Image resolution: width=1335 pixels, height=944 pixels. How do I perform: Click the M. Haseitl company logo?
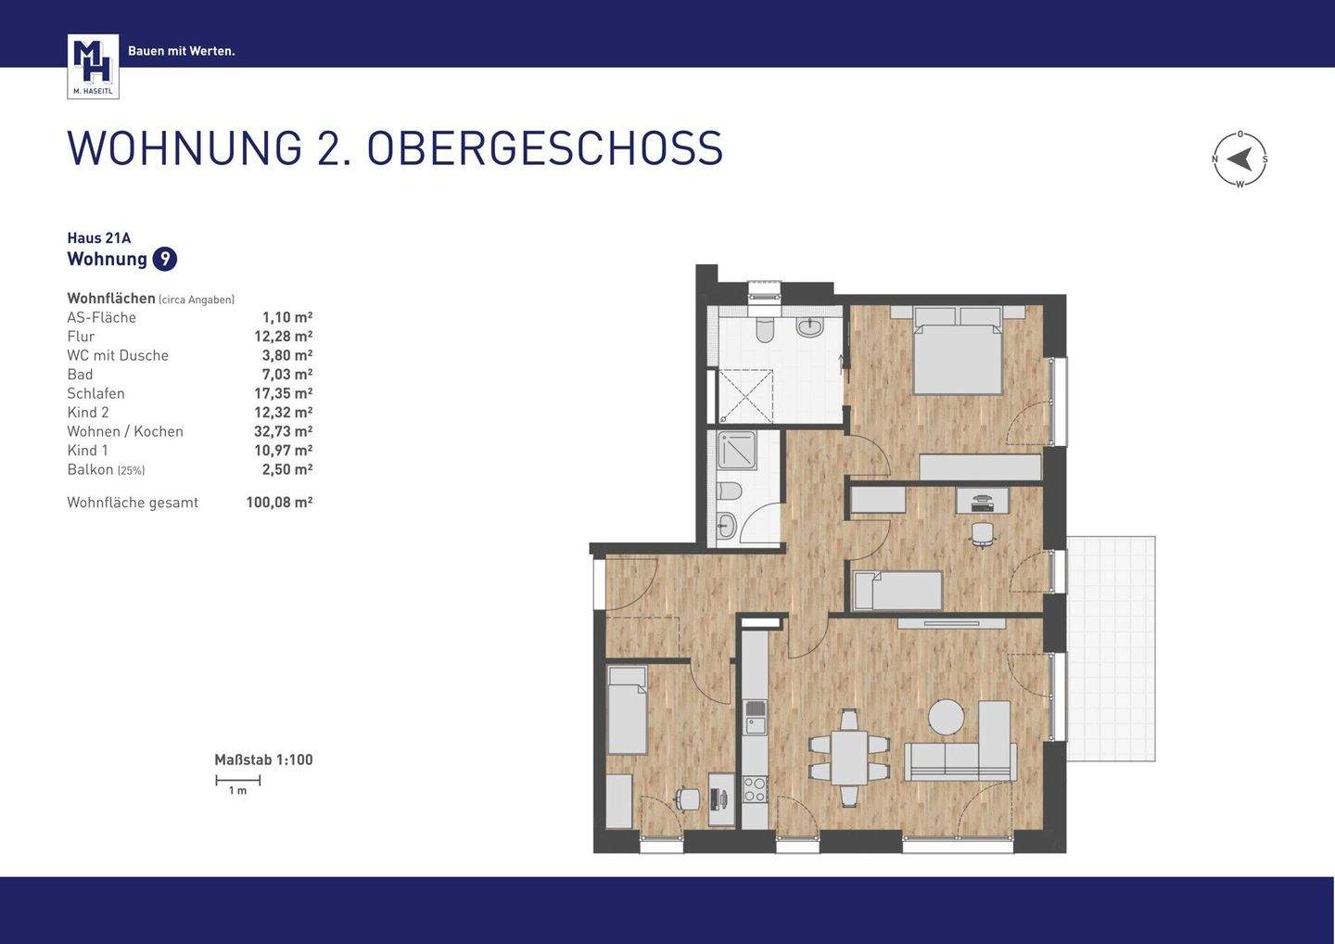(93, 66)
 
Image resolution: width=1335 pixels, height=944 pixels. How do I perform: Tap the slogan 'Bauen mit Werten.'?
(182, 51)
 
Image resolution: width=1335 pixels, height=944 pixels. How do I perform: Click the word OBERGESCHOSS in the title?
(544, 148)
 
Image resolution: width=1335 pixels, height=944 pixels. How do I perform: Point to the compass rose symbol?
(1240, 159)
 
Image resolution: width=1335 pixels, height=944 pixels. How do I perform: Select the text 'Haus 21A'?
(99, 237)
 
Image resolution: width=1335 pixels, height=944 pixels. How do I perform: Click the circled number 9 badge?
(164, 259)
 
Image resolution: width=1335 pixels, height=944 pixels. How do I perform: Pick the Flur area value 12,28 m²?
(283, 337)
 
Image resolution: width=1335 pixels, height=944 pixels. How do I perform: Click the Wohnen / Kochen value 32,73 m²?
(283, 431)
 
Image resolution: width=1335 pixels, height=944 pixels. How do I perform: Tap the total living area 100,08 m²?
(279, 503)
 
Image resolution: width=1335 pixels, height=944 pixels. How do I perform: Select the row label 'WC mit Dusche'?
(118, 355)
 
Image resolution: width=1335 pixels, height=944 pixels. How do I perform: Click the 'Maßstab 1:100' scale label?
(263, 759)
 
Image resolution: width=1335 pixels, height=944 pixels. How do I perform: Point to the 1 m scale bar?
(238, 782)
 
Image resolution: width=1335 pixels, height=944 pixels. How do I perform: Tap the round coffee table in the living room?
(947, 717)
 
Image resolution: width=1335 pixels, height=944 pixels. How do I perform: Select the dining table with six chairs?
(848, 758)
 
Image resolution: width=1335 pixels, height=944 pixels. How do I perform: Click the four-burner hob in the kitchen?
(756, 789)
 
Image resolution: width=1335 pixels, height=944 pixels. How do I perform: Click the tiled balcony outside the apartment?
(1111, 648)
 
